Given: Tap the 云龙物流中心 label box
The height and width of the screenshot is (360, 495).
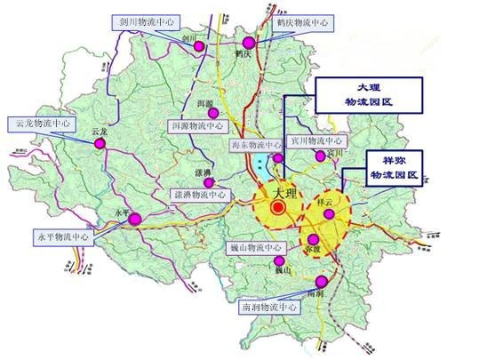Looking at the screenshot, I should [x=40, y=123].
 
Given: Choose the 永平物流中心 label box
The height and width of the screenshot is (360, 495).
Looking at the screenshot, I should [x=62, y=237].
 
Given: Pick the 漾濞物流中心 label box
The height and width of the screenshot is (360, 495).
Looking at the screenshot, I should [x=196, y=194].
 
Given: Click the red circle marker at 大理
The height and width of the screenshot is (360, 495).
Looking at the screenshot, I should [x=278, y=207].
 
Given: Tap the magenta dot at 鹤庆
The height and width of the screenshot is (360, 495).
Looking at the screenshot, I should [x=250, y=42].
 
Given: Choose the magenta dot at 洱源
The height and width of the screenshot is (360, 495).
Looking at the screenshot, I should [x=212, y=113].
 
